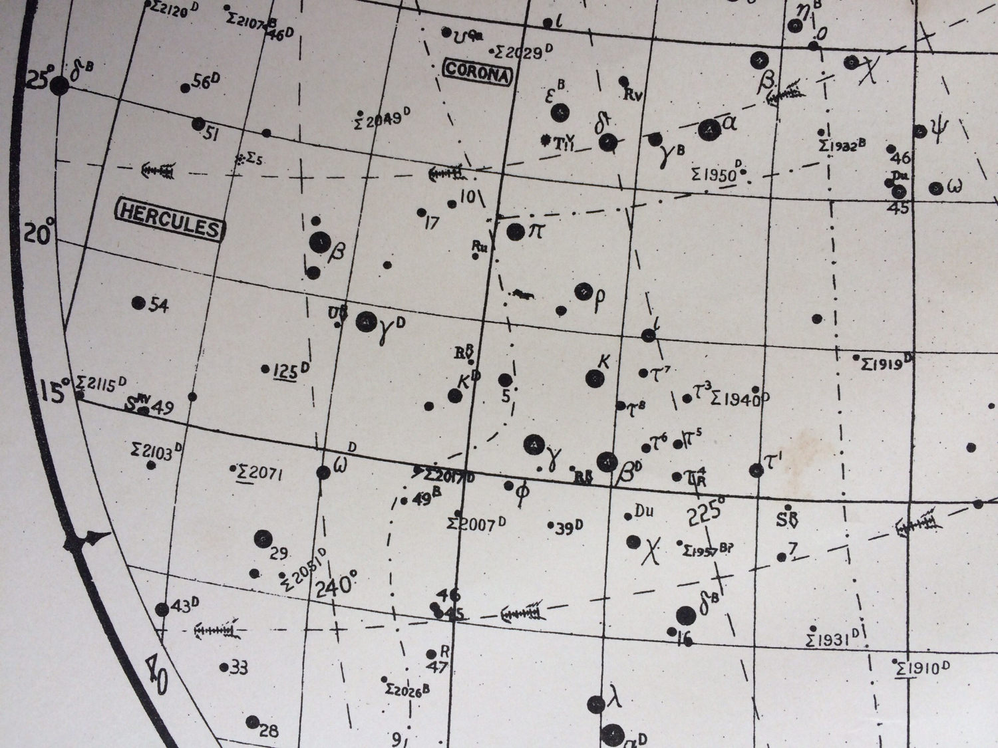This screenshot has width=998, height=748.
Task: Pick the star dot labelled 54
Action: click(x=138, y=303)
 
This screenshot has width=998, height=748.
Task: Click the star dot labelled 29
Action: click(x=263, y=538)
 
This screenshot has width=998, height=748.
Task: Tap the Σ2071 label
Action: click(x=261, y=473)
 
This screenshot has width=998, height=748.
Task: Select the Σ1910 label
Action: click(x=921, y=668)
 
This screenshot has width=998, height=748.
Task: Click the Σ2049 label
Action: click(x=379, y=120)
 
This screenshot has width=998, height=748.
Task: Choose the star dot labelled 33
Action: click(x=224, y=666)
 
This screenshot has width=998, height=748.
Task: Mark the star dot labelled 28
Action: click(x=252, y=722)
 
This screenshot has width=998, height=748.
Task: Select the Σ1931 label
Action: click(x=835, y=640)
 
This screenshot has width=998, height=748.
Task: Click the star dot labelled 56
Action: click(x=186, y=88)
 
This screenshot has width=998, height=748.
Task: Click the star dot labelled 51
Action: click(x=198, y=124)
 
